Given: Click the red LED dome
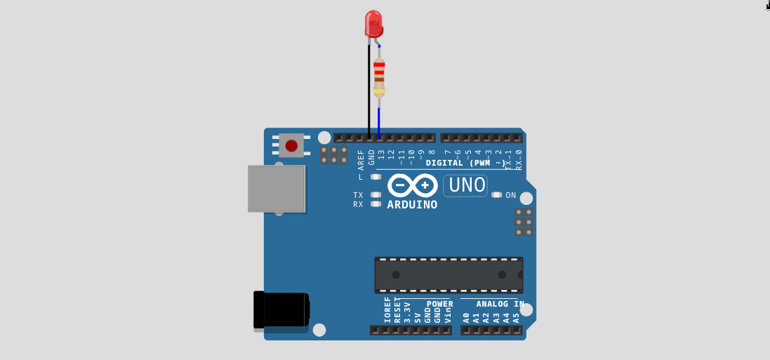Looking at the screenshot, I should pos(373,22).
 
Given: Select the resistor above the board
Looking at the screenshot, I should pos(379,76).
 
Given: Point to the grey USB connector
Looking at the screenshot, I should pos(277,189).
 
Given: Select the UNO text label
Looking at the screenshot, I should pos(467,185).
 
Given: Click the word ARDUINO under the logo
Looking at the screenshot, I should pos(412,205).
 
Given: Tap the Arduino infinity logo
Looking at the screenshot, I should pos(413,186).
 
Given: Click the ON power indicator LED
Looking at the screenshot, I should pos(497,195).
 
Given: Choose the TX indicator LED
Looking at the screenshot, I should pos(376,195).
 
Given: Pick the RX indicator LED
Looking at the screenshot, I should pos(376,204).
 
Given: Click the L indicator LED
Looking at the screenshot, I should pos(376,177).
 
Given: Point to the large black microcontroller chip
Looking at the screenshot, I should pos(449,274).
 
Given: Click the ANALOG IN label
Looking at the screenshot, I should pos(500,304).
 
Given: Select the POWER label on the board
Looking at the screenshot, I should pos(439,304).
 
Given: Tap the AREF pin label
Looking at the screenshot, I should pos(361,160).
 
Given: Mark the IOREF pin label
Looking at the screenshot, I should pos(387,309).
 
